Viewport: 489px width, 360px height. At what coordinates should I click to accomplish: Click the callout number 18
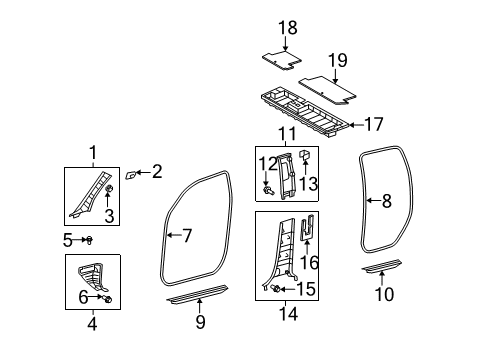(288, 29)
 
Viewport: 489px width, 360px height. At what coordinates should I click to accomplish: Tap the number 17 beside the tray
(373, 125)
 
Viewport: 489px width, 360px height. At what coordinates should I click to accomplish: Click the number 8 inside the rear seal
(386, 201)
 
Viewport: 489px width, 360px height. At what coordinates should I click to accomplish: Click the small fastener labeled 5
(87, 240)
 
